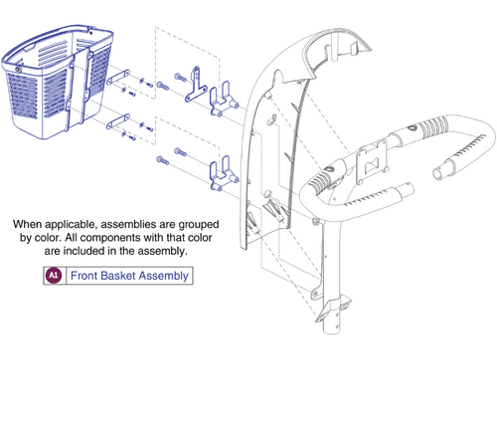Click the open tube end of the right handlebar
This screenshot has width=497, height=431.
click(x=441, y=173)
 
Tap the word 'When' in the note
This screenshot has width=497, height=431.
click(x=29, y=224)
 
